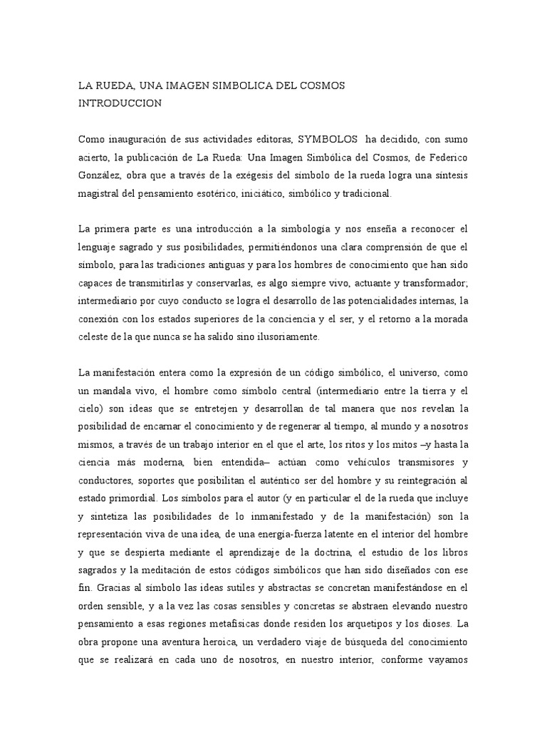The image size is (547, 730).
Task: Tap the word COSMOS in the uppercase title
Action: [321, 85]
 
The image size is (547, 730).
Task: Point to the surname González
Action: [100, 175]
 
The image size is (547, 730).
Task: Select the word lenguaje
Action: [100, 248]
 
